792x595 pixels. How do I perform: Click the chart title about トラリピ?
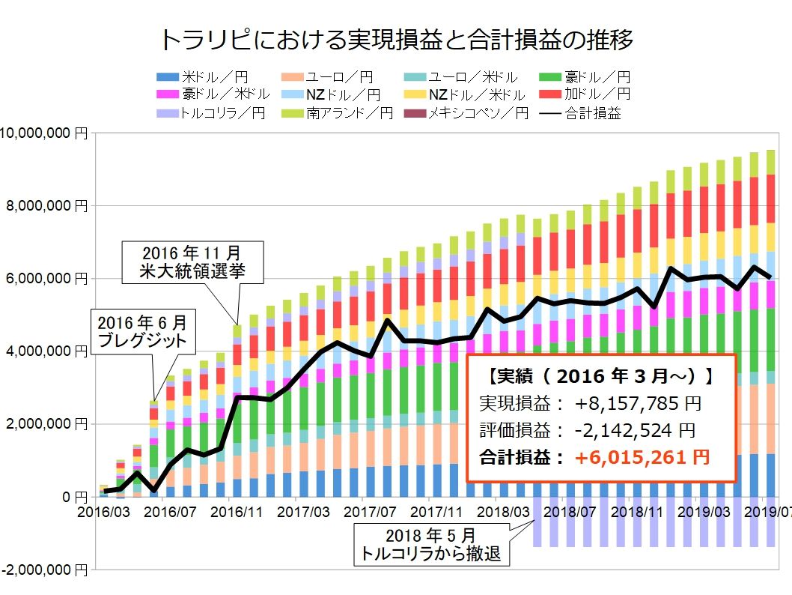397,39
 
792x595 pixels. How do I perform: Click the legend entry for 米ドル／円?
202,76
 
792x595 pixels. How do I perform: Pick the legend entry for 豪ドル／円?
584,76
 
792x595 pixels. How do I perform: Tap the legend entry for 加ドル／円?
584,94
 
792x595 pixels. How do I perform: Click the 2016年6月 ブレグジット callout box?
144,333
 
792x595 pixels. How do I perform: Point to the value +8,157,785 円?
638,405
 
